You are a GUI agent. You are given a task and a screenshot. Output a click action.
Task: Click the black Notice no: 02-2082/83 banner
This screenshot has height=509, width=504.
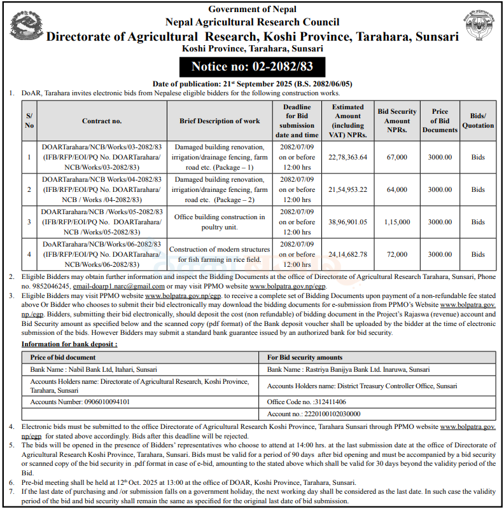[253, 67]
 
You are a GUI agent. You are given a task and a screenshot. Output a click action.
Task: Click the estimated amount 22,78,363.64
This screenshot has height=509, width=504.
[348, 157]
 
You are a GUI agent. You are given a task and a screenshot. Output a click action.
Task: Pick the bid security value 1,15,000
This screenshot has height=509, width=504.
[397, 222]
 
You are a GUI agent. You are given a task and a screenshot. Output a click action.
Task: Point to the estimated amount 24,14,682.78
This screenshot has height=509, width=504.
[348, 254]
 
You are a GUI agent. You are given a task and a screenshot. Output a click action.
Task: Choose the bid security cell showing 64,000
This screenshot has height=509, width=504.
[397, 189]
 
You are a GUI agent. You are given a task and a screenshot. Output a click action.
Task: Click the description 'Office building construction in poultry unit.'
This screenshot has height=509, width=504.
[220, 222]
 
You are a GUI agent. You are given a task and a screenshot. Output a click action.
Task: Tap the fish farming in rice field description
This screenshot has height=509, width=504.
[220, 254]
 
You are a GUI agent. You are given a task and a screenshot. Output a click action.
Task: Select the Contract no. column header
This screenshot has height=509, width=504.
[102, 121]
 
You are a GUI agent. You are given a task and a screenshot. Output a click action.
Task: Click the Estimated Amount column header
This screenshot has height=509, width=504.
[348, 121]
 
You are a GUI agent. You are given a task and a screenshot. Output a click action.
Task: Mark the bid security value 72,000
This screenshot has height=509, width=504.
[397, 254]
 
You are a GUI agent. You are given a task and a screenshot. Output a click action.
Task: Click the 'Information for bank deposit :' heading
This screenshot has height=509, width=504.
[70, 344]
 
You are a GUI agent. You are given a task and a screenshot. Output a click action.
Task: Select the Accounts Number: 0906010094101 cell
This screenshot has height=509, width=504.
[80, 402]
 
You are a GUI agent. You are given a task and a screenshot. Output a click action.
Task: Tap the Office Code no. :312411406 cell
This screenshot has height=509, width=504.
[307, 402]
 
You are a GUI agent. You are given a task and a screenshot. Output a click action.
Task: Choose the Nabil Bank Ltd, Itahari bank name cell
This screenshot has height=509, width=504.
[94, 369]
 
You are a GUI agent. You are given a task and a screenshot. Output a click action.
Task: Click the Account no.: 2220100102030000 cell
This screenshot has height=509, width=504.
[314, 414]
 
